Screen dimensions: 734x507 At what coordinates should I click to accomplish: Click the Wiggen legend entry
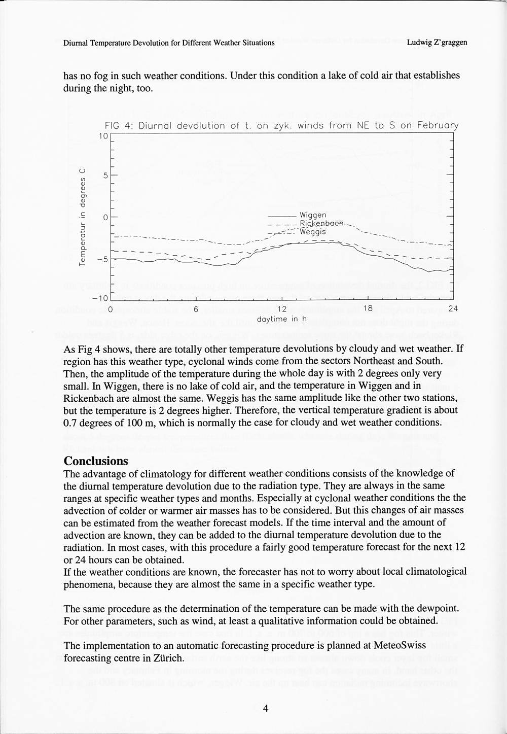[312, 215]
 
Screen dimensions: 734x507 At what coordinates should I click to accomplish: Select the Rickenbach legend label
[321, 223]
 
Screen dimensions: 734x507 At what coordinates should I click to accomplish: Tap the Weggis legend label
[312, 231]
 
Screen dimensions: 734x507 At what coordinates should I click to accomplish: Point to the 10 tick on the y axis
[103, 136]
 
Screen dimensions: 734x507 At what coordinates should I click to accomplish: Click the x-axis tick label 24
[452, 309]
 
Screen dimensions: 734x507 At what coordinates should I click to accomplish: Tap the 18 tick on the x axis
[367, 309]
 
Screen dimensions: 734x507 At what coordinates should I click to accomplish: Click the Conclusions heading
[96, 461]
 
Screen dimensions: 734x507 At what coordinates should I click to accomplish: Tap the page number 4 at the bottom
[265, 709]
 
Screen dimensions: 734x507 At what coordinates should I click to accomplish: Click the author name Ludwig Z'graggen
[437, 43]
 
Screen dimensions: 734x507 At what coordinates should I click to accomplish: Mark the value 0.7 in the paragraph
[69, 422]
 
